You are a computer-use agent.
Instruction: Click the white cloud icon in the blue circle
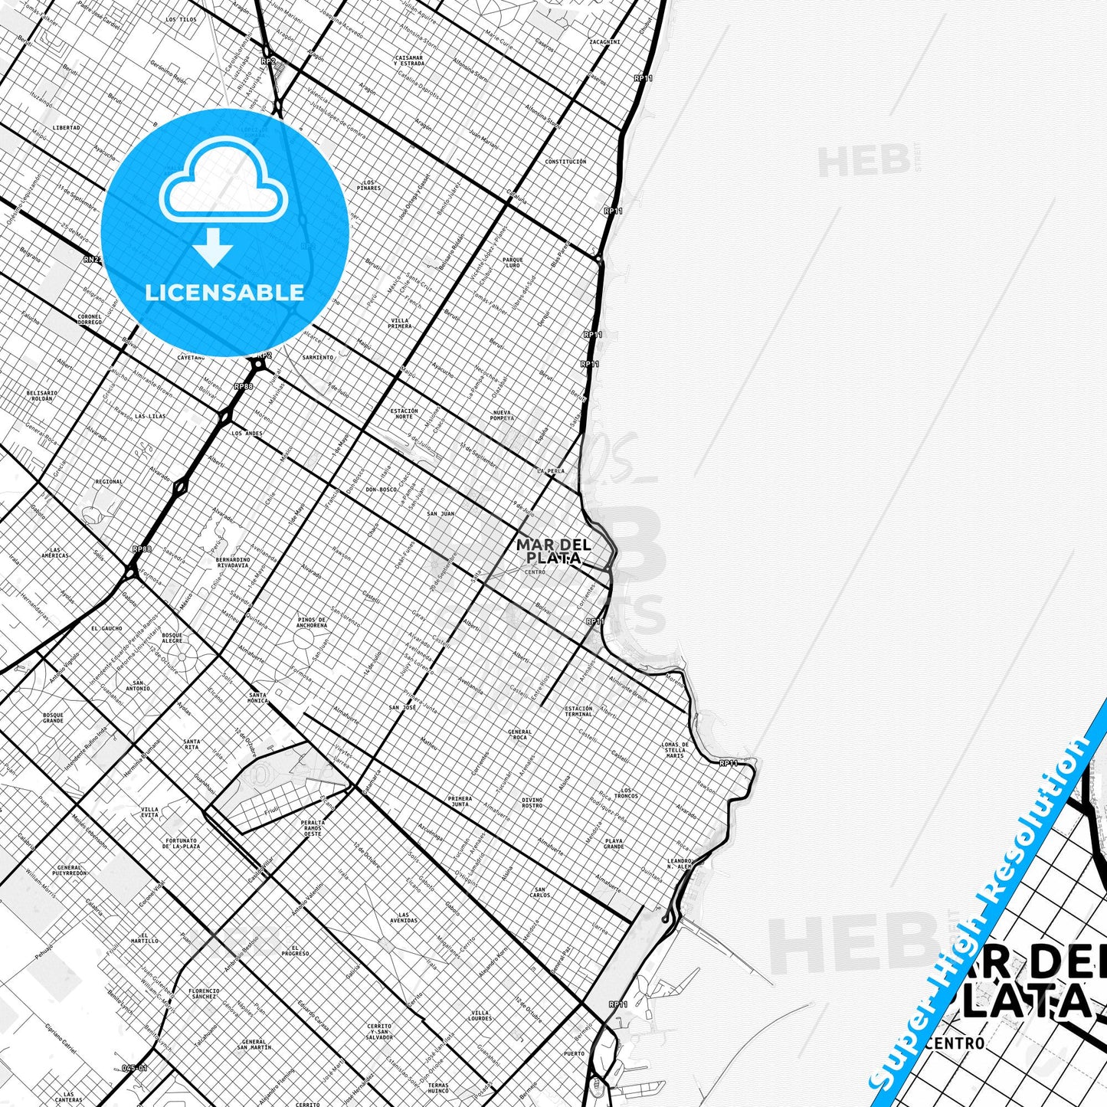pyautogui.click(x=223, y=188)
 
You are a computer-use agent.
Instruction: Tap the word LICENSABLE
pyautogui.click(x=224, y=293)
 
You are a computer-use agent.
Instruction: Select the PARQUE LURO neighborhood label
pyautogui.click(x=513, y=263)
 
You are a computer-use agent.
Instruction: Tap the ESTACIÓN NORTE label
pyautogui.click(x=404, y=414)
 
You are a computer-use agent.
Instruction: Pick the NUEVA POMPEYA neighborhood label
pyautogui.click(x=502, y=415)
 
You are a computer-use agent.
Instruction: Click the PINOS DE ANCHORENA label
pyautogui.click(x=312, y=622)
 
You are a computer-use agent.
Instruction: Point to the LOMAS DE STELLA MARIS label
pyautogui.click(x=675, y=750)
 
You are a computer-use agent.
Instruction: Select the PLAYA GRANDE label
pyautogui.click(x=614, y=843)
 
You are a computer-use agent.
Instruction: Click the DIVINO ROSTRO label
pyautogui.click(x=532, y=802)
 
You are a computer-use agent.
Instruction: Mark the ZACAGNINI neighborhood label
pyautogui.click(x=604, y=41)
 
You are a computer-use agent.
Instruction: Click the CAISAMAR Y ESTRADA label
pyautogui.click(x=408, y=60)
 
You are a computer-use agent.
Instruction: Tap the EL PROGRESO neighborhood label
pyautogui.click(x=295, y=951)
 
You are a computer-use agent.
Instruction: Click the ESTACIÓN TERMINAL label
pyautogui.click(x=578, y=712)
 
